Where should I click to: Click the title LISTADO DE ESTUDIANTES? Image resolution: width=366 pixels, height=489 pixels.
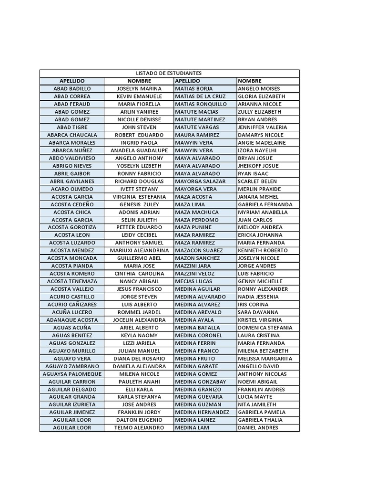tap(169, 73)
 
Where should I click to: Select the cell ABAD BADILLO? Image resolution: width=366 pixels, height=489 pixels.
tap(72, 89)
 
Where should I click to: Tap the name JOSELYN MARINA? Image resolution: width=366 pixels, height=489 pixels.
tap(139, 89)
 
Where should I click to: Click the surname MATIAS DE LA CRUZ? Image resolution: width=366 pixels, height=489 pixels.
tap(200, 96)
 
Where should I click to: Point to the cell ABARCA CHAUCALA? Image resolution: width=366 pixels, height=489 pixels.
tap(72, 135)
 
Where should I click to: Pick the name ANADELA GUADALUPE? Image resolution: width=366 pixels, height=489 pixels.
tap(139, 150)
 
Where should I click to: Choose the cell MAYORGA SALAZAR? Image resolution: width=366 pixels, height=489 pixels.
tap(200, 181)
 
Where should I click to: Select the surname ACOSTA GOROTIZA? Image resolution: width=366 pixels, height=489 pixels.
tap(72, 227)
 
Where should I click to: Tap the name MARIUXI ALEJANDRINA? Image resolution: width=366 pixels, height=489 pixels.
tap(139, 250)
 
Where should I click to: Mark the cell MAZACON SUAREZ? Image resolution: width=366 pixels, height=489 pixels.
tap(199, 250)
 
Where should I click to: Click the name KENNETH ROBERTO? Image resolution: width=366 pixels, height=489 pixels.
tap(263, 250)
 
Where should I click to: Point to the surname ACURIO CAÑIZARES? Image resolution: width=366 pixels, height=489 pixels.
tap(72, 304)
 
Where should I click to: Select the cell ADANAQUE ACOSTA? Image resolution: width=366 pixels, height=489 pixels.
tap(72, 320)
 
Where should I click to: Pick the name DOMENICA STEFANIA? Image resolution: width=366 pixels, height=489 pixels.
tap(265, 328)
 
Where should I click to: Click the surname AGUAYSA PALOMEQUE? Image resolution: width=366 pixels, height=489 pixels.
tap(72, 374)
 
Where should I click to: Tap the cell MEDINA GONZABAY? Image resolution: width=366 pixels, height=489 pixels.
tap(200, 382)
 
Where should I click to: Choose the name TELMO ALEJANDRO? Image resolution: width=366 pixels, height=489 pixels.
tap(139, 428)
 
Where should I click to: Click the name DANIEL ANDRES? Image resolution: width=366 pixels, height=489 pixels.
tap(258, 428)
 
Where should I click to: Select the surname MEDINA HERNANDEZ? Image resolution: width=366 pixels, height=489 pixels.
tap(202, 412)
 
